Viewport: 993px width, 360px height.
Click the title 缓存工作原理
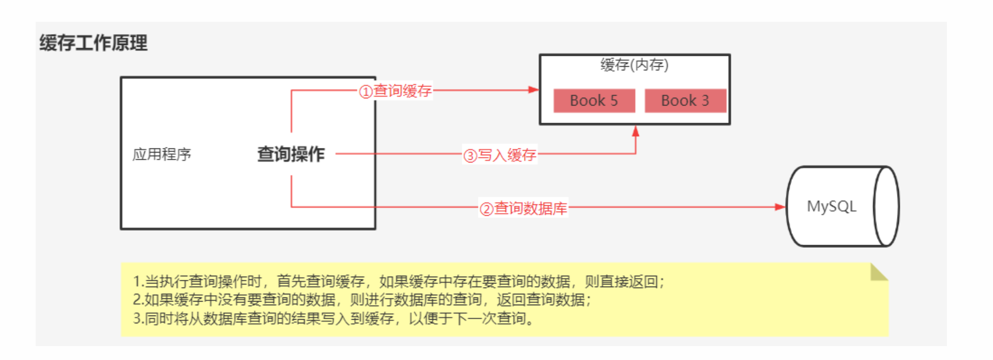click(93, 43)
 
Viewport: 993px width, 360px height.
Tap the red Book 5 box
click(594, 100)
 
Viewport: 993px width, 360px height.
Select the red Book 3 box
click(685, 100)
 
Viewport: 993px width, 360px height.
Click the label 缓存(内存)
click(634, 65)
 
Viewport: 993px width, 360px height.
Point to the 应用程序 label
click(161, 154)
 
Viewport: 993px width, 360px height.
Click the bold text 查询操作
click(291, 154)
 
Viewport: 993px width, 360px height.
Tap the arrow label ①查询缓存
click(396, 91)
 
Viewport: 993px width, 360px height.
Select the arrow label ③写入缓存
click(500, 155)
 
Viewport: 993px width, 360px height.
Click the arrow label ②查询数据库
click(523, 208)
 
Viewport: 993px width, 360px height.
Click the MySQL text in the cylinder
click(831, 206)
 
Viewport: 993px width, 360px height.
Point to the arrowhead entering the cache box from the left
click(533, 90)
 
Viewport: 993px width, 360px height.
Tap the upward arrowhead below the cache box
click(636, 131)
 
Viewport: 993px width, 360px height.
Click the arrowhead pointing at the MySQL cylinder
click(780, 207)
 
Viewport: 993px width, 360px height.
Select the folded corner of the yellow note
click(878, 273)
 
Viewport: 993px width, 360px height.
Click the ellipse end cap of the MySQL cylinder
click(886, 206)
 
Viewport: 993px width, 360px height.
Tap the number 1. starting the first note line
click(138, 281)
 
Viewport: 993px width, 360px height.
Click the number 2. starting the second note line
click(138, 299)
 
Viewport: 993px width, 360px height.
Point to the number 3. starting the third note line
click(138, 318)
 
